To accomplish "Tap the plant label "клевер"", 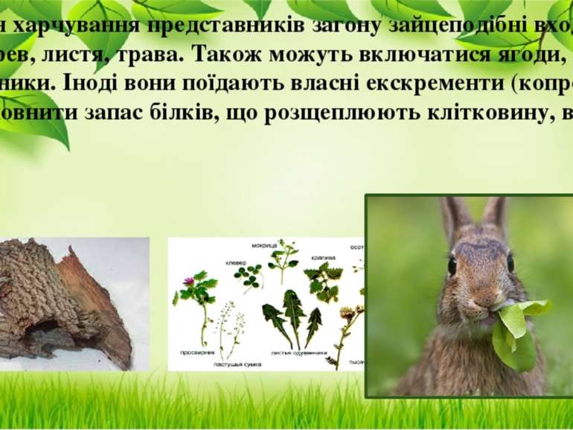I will click(225, 262).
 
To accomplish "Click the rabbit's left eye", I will click(452, 265).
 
